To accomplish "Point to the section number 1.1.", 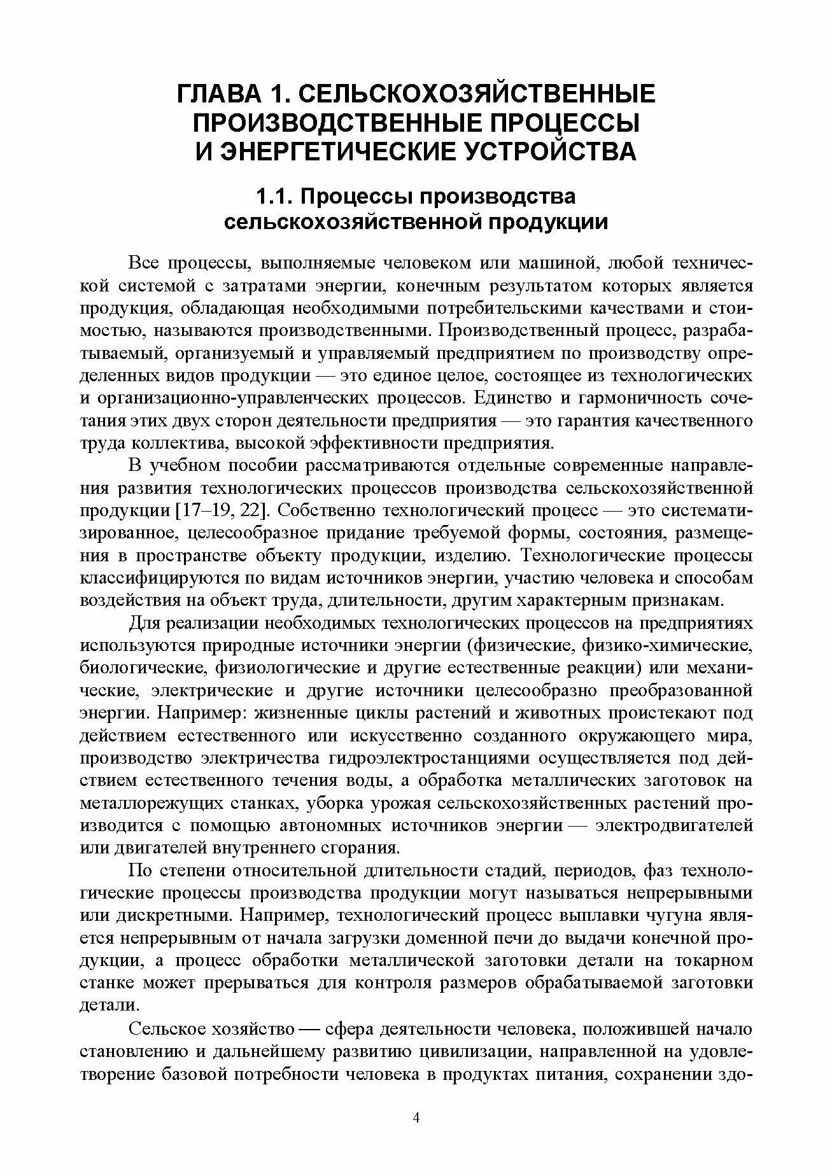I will (274, 196).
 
